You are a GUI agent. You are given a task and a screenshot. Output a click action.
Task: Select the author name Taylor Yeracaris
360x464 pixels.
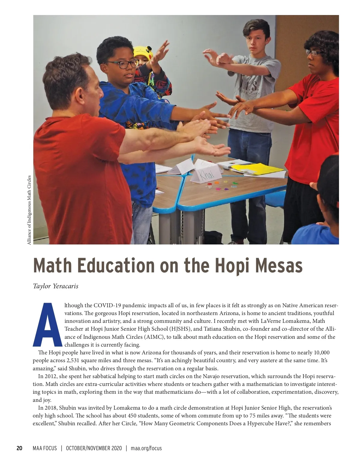coord(55,286)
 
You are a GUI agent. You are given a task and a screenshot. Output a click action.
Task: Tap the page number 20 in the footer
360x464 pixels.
coord(19,448)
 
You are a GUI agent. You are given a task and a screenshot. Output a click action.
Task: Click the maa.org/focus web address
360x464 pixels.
coord(146,448)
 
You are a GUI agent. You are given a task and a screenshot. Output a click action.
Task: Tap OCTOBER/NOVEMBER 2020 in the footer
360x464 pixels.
coord(94,448)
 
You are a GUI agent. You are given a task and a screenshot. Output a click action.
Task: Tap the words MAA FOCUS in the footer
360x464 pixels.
coord(45,448)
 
